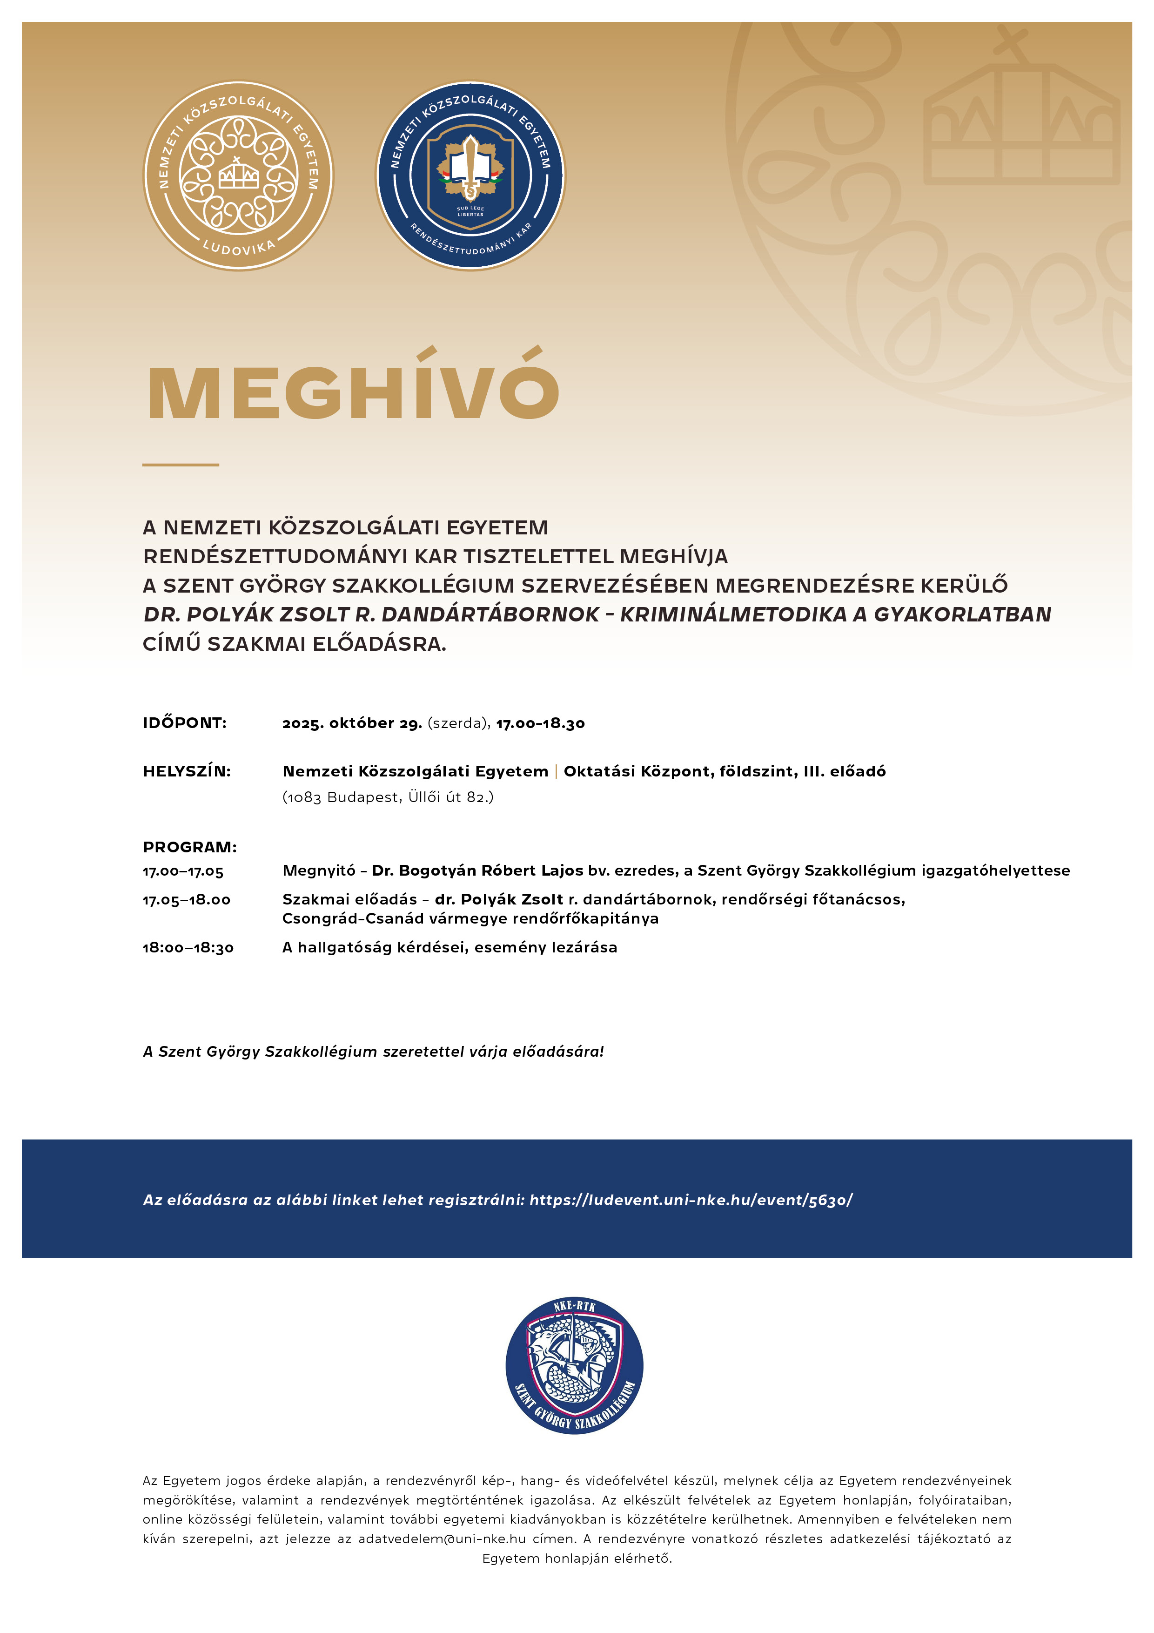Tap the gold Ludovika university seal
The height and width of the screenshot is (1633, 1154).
point(238,175)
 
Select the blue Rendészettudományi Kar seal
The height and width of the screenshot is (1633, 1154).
point(470,175)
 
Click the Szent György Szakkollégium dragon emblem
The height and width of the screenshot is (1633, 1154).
point(575,1364)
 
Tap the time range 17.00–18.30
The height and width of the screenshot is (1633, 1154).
point(540,723)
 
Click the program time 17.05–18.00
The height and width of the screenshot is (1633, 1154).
point(186,900)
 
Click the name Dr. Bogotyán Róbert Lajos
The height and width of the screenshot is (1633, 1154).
point(477,870)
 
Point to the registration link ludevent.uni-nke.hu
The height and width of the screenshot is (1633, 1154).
point(691,1200)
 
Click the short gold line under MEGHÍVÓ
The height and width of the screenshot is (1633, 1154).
point(181,465)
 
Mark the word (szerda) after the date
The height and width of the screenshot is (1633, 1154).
point(459,723)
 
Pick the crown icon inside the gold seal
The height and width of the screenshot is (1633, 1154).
point(238,173)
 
